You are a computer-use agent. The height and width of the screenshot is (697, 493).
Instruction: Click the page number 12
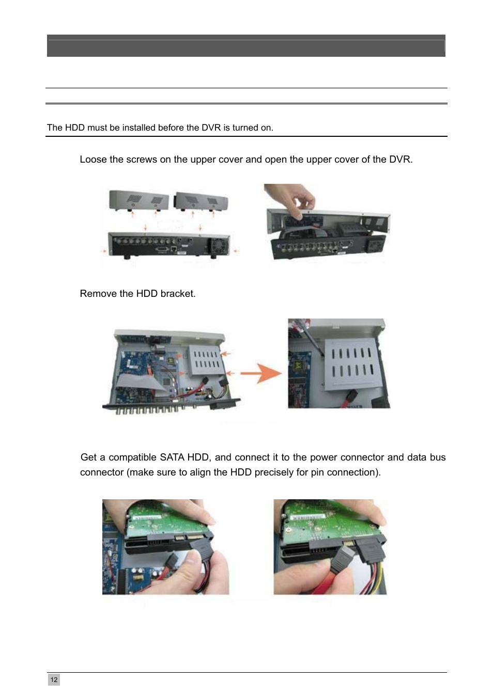coord(54,679)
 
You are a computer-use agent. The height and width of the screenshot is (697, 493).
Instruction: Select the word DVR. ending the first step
coord(400,160)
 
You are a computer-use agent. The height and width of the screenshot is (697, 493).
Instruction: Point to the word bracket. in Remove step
coord(178,293)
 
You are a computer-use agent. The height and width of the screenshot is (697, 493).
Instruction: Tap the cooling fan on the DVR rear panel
coord(220,246)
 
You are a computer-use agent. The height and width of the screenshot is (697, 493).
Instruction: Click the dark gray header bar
coord(246,46)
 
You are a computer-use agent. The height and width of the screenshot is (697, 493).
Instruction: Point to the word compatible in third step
coord(133,457)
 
